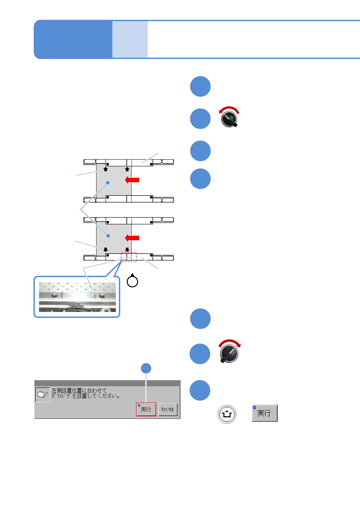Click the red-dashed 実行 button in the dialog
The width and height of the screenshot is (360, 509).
click(x=146, y=409)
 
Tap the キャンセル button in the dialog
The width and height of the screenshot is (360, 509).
click(x=168, y=409)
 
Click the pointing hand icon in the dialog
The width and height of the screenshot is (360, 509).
click(x=42, y=394)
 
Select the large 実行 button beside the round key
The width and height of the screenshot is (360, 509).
click(x=264, y=413)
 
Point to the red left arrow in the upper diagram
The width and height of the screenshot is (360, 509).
click(x=132, y=180)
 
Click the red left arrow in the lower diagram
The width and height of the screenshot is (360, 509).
click(x=132, y=238)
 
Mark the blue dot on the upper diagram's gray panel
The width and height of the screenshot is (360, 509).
click(x=108, y=183)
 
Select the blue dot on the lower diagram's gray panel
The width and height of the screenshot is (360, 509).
click(x=108, y=235)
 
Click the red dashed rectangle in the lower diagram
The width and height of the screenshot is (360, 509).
click(x=129, y=257)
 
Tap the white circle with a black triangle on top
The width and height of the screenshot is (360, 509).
click(x=133, y=281)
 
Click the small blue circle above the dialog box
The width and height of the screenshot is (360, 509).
click(x=146, y=368)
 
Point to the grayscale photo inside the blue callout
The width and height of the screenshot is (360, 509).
click(x=77, y=297)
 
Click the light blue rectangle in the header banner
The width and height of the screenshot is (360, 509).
click(x=130, y=39)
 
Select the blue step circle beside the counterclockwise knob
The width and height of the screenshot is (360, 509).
click(x=200, y=119)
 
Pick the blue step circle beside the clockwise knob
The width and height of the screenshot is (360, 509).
click(x=200, y=354)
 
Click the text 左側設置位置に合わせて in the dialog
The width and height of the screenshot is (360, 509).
click(x=79, y=391)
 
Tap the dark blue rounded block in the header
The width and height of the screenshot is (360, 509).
click(x=73, y=39)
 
